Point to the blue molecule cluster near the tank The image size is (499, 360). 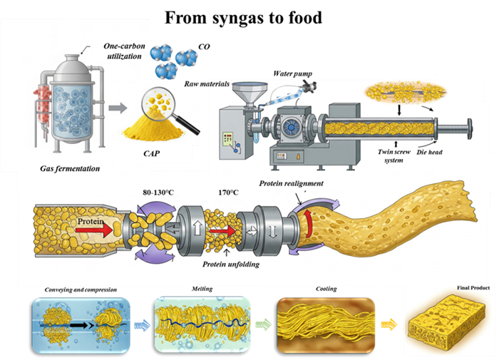click(174, 60)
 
